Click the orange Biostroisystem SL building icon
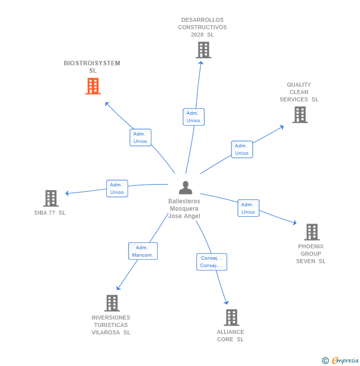tap(92, 86)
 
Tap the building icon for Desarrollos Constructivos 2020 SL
tap(203, 50)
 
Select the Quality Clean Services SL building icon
tap(300, 115)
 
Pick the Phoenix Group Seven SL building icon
tap(312, 232)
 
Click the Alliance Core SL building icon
tap(231, 318)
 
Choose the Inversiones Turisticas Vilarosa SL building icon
tap(112, 303)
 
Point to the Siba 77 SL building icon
tap(50, 198)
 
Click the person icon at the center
tap(185, 188)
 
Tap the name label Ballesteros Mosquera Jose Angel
tap(184, 209)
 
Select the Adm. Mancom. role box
tap(143, 251)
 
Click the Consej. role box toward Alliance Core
tap(212, 262)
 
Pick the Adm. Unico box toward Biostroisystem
tap(140, 137)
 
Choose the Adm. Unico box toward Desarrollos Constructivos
tap(193, 117)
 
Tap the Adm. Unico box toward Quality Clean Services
tap(242, 149)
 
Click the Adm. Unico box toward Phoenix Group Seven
tap(248, 208)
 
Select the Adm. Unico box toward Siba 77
tap(117, 188)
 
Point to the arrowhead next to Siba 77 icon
tap(68, 193)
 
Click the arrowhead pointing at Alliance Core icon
tap(226, 302)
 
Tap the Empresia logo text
tap(345, 360)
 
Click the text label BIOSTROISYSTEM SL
tap(92, 67)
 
